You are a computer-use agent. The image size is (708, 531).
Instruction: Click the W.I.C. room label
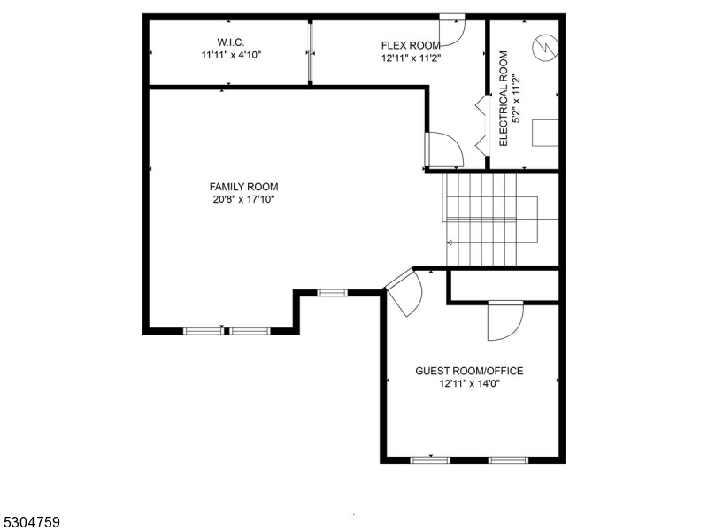click(x=230, y=42)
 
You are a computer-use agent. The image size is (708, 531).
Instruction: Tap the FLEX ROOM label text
click(x=411, y=45)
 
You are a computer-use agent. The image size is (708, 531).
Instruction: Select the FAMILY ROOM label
click(x=243, y=187)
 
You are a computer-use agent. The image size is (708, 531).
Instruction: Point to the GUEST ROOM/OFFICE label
click(x=469, y=372)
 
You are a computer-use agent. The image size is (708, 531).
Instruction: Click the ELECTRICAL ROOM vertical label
click(x=503, y=98)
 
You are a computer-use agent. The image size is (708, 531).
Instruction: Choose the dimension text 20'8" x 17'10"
click(x=243, y=199)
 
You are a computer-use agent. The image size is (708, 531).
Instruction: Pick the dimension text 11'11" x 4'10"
click(x=230, y=55)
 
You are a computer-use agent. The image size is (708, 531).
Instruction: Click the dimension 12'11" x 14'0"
click(x=469, y=384)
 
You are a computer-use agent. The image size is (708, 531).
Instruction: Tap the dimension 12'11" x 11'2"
click(x=411, y=58)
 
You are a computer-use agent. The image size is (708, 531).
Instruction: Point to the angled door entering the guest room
click(x=403, y=292)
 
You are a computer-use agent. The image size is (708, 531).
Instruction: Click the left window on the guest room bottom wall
click(x=430, y=460)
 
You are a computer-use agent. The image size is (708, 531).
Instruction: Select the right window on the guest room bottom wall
click(x=508, y=460)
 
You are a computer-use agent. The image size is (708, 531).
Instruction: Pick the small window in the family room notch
click(x=333, y=292)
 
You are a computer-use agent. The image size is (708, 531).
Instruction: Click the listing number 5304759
click(x=31, y=523)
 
